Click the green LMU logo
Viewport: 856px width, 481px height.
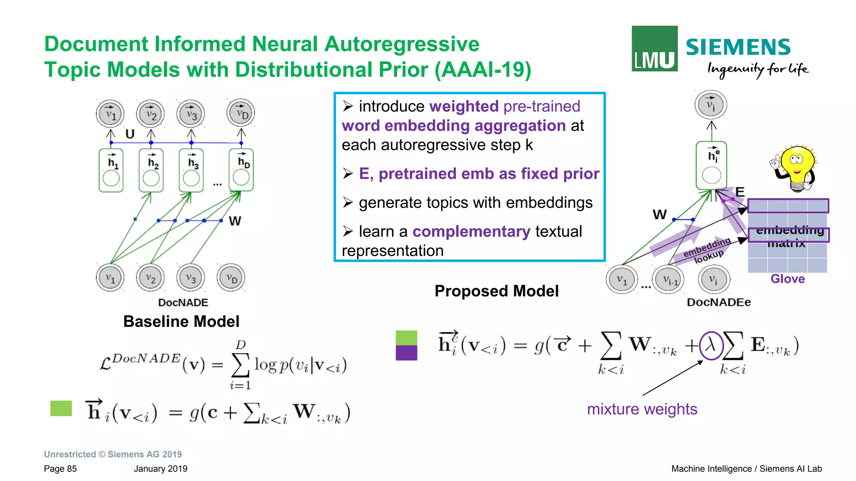[x=654, y=48]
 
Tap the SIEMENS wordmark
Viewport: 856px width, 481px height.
[x=738, y=47]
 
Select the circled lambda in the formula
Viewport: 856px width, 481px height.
[x=711, y=346]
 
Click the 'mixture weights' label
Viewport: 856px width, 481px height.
[x=642, y=409]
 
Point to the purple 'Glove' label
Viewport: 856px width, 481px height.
[x=787, y=279]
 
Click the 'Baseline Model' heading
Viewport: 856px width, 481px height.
[x=181, y=321]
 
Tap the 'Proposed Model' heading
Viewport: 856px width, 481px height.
[x=497, y=291]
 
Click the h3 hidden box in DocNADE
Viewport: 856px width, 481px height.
[x=191, y=171]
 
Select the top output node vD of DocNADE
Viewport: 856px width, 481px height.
[x=241, y=113]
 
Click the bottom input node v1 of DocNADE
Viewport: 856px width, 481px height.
[x=110, y=277]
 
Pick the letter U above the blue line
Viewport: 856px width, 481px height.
[x=130, y=134]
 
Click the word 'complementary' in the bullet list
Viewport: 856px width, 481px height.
[x=471, y=232]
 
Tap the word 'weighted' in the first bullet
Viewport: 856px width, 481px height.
[x=464, y=106]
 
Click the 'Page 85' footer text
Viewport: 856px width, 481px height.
[x=60, y=469]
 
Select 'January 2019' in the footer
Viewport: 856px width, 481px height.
[x=160, y=469]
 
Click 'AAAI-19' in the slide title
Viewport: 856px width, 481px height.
[x=483, y=70]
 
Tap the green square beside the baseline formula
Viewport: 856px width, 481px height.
[x=61, y=408]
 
